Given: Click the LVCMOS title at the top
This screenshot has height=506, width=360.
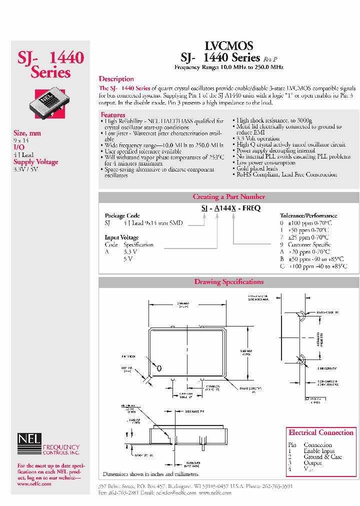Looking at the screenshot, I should (229, 45).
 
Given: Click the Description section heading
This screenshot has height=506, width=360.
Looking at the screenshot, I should (116, 79).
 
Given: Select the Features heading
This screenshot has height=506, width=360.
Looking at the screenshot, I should (113, 115).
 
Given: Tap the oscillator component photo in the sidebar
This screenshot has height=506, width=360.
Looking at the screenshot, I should (50, 103).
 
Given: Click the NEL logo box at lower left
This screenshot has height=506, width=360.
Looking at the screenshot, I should (29, 439).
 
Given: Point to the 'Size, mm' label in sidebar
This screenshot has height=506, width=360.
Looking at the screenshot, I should (27, 133).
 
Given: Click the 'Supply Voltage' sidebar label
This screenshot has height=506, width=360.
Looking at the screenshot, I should (35, 162).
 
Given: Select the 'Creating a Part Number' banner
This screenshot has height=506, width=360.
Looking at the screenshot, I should (228, 197).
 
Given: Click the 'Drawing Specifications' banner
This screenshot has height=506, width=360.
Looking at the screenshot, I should (228, 282).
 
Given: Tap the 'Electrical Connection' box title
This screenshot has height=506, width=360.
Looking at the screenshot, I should (320, 432).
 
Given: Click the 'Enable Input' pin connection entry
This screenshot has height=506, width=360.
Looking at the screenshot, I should (320, 451).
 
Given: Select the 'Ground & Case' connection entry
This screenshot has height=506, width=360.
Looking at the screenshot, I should (322, 457).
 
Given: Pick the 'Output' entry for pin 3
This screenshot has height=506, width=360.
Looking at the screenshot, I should (312, 463).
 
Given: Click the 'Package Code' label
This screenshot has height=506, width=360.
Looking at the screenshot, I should (122, 216).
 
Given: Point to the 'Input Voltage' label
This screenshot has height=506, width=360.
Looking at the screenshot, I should (121, 237).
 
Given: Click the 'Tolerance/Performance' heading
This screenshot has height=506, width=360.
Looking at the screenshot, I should (309, 216).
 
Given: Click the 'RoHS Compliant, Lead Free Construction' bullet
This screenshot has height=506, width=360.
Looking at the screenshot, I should (286, 175).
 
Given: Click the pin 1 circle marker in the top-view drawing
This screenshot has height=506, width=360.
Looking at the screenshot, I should (159, 368).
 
